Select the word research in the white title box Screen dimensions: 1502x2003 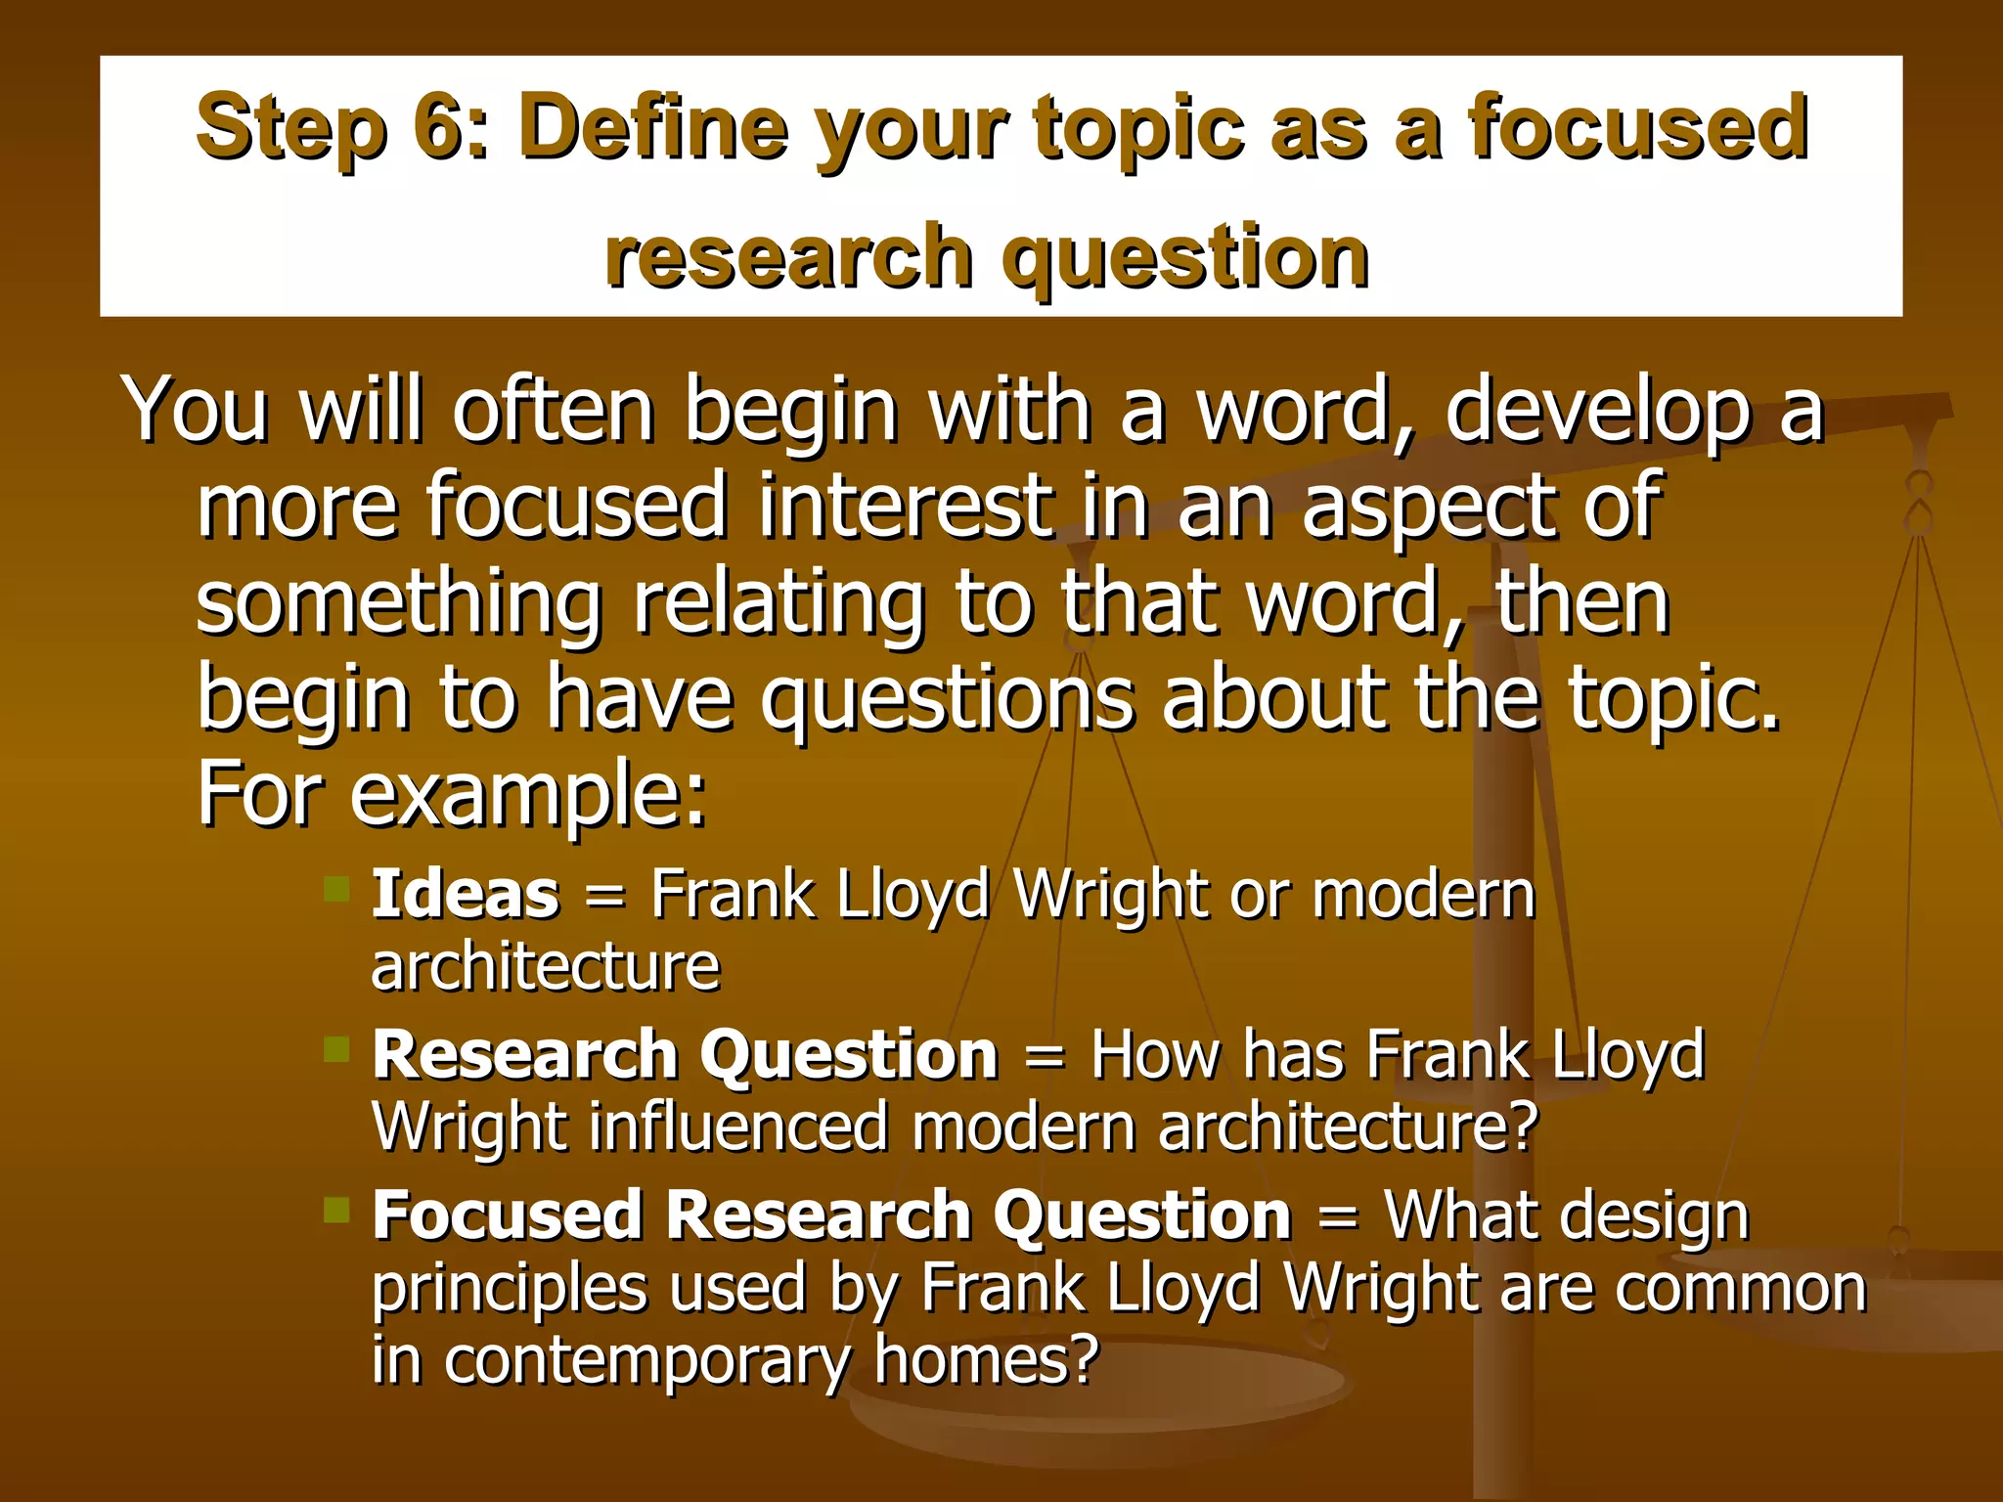(787, 257)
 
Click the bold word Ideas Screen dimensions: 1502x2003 (466, 894)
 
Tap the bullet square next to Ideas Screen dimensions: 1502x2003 (337, 889)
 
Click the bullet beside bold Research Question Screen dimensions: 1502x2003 (337, 1050)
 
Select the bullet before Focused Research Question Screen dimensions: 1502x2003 (337, 1211)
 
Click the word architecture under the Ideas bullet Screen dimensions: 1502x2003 (546, 967)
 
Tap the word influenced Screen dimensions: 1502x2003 (738, 1127)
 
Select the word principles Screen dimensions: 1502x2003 (509, 1289)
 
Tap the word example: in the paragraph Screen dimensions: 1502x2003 (528, 795)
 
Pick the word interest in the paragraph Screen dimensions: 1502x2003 (905, 506)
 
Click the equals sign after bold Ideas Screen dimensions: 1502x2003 (604, 896)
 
